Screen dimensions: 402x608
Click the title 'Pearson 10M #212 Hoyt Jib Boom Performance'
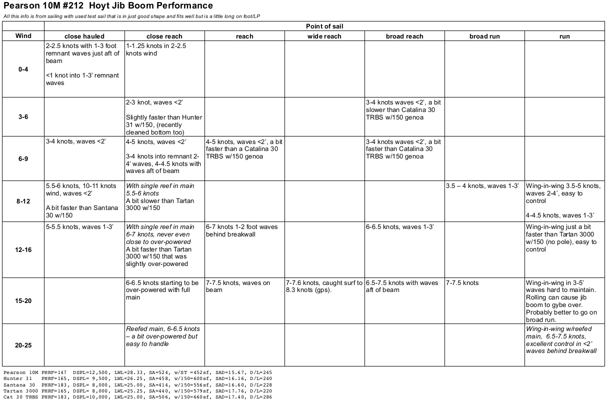(x=108, y=6)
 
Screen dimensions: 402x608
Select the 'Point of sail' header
(x=324, y=26)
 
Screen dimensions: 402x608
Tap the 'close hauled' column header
(x=84, y=36)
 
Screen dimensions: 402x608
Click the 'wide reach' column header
(x=324, y=36)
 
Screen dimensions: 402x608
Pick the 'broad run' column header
(x=484, y=36)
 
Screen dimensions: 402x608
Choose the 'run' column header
(x=564, y=36)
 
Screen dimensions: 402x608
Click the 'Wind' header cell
(x=23, y=36)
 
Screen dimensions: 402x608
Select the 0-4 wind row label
(x=23, y=69)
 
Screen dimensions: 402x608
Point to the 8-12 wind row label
(x=23, y=201)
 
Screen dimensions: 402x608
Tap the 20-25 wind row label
(x=23, y=345)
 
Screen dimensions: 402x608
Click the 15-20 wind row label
(x=23, y=300)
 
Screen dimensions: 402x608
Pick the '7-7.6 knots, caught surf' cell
(x=324, y=286)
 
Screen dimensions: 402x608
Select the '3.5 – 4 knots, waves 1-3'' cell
(x=482, y=186)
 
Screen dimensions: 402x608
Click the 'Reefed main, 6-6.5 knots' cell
(x=162, y=336)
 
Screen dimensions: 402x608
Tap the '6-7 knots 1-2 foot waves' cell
(x=241, y=230)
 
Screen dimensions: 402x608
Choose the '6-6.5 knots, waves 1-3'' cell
(x=399, y=227)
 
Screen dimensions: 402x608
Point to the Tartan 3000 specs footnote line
(x=134, y=390)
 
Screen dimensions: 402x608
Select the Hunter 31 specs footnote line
(x=134, y=378)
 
